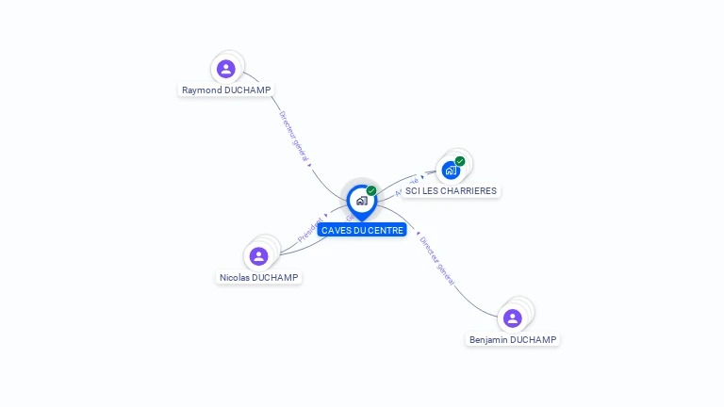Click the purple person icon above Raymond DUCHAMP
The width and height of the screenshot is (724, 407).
pos(226,69)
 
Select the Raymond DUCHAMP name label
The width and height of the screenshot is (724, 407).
pos(226,90)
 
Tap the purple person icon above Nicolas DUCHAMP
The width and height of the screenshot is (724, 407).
pos(258,256)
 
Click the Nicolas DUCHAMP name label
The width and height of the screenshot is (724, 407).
pos(258,278)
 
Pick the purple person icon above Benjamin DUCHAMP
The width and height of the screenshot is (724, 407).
pos(513,317)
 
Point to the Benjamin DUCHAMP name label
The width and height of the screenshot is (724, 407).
pos(513,339)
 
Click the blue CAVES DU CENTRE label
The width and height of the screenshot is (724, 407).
pos(362,230)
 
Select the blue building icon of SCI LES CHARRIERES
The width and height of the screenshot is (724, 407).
pos(451,171)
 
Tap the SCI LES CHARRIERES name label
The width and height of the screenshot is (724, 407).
pos(451,191)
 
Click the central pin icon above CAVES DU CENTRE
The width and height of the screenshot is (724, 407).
pos(361,201)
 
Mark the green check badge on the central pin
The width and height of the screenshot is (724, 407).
pos(371,191)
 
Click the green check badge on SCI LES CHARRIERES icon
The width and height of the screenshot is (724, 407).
pos(460,161)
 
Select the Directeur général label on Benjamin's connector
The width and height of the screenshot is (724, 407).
pos(436,261)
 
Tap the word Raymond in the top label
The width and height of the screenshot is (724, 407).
pos(202,90)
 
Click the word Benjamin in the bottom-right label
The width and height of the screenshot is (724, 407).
pos(488,339)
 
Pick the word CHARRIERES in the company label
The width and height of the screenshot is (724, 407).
pos(469,191)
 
